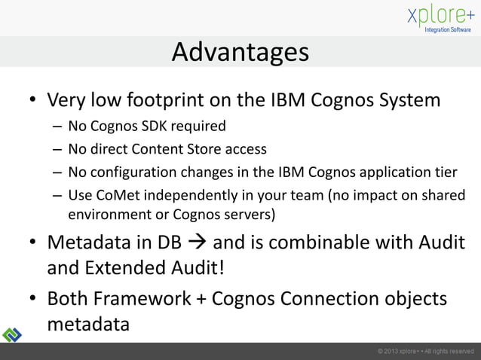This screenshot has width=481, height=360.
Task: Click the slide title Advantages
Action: pyautogui.click(x=240, y=52)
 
